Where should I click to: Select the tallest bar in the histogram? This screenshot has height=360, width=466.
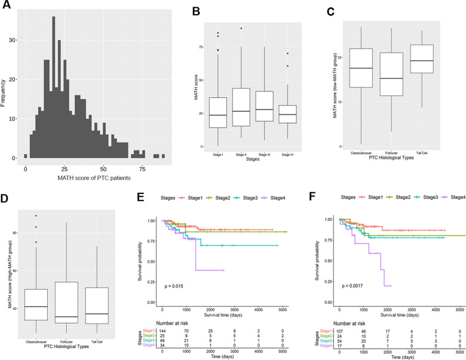[54, 88]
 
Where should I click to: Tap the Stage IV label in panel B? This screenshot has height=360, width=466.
[292, 152]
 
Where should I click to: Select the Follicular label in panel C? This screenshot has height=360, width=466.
[391, 152]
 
